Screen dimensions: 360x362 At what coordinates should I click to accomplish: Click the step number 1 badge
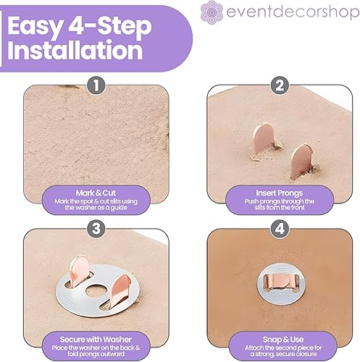pos(96,85)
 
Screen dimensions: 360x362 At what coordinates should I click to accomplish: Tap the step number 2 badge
pos(280,85)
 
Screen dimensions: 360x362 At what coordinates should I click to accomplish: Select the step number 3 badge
pos(96,229)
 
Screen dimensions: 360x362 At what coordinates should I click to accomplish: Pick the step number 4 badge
pos(280,229)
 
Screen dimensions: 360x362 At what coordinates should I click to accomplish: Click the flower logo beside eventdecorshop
pos(212,12)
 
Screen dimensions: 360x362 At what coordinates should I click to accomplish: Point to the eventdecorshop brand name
pos(293,12)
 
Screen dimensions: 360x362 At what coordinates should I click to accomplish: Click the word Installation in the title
pos(75,50)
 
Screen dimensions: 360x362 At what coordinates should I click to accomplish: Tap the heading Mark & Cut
pos(96,193)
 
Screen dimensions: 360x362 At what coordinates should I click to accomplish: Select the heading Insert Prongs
pos(280,193)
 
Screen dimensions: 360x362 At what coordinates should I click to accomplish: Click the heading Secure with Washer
pos(96,340)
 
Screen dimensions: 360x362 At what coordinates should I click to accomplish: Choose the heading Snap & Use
pos(283,340)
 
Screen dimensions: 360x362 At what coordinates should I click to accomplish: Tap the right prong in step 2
pos(302,160)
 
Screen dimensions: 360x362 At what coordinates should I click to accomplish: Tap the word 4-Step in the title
pos(110,27)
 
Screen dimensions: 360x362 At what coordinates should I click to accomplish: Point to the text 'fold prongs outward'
pos(96,354)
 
